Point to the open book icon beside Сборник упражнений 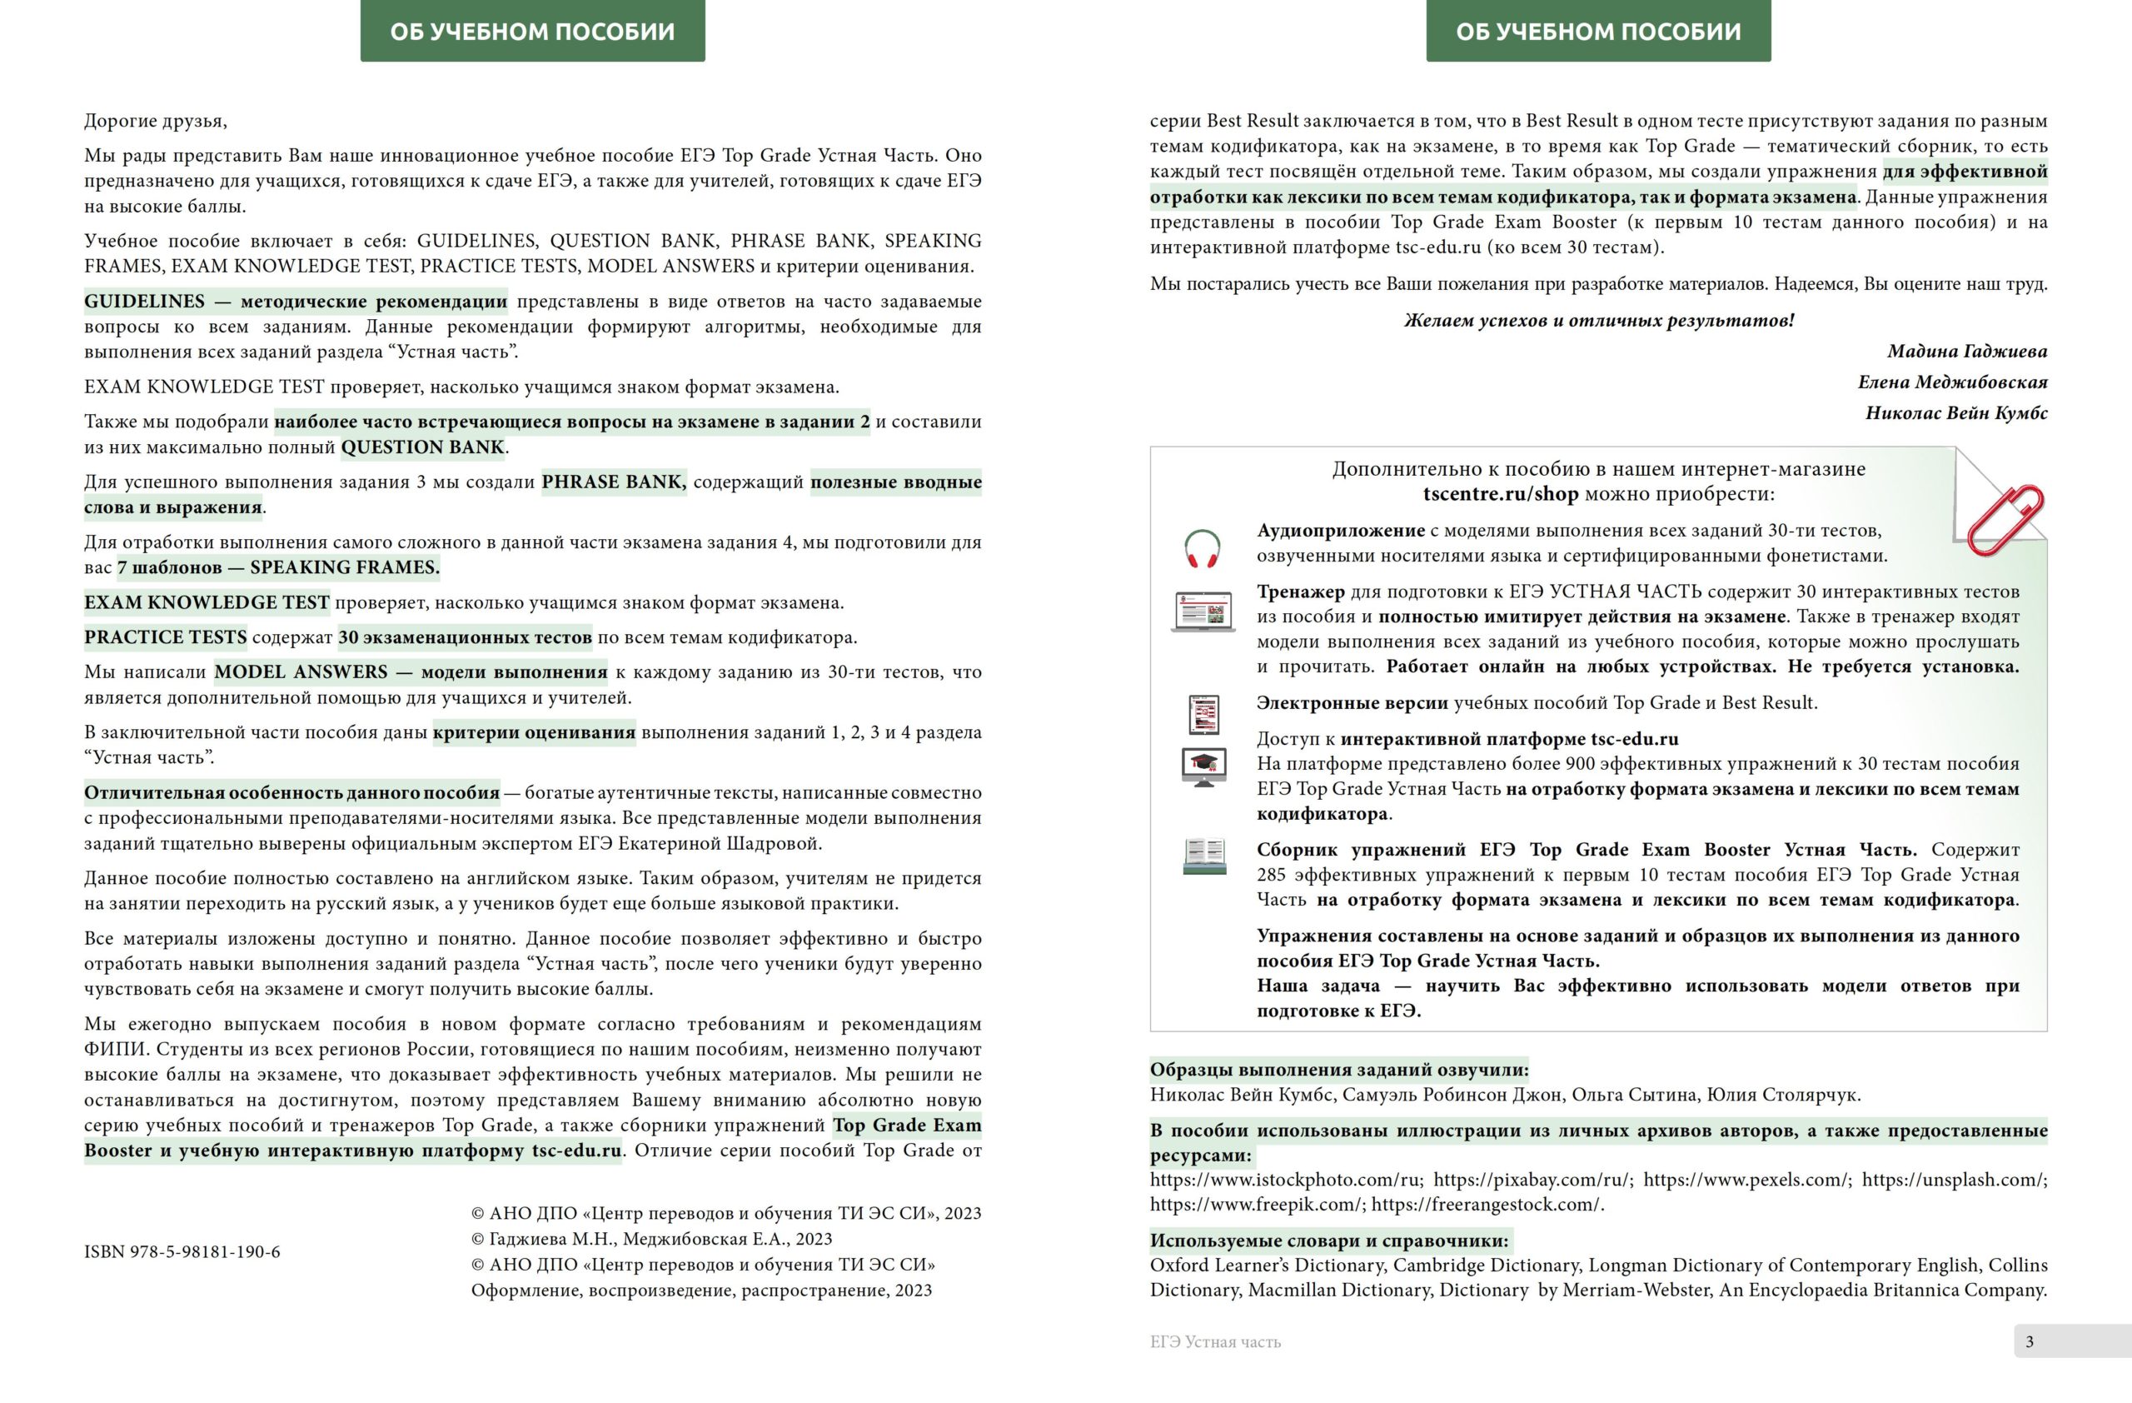pos(1204,856)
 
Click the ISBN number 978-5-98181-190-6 pos(182,1251)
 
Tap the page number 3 pos(2029,1341)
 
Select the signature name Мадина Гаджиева pos(1966,352)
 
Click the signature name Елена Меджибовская pos(1952,382)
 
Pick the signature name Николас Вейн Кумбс pos(1955,413)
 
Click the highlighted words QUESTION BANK pos(423,447)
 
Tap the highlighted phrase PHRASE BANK pos(614,482)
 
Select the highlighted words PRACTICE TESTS pos(166,637)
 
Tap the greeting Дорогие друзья pos(155,121)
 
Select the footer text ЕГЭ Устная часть pos(1215,1342)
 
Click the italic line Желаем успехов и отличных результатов pos(1599,321)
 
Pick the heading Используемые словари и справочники pos(1329,1241)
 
